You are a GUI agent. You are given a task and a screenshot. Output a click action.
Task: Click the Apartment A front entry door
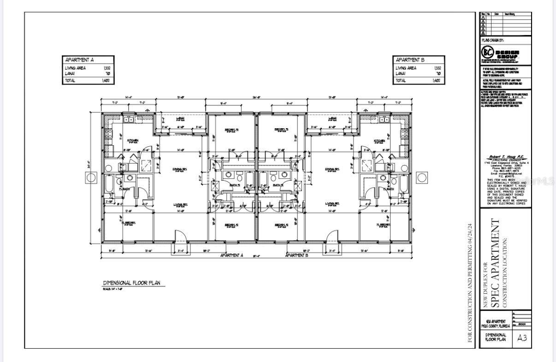(x=180, y=237)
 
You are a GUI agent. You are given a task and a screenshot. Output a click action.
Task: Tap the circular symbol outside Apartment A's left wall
(x=91, y=178)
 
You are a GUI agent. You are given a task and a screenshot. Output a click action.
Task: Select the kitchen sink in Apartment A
(x=128, y=120)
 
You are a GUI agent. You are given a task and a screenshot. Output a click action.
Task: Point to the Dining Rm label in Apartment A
(x=180, y=169)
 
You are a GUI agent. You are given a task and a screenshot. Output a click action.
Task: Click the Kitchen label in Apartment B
(x=379, y=141)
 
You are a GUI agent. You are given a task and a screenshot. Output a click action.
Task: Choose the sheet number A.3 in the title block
(x=522, y=338)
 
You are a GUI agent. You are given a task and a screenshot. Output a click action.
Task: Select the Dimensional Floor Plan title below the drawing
(x=131, y=283)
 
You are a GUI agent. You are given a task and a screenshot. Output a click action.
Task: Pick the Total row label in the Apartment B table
(x=401, y=80)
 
